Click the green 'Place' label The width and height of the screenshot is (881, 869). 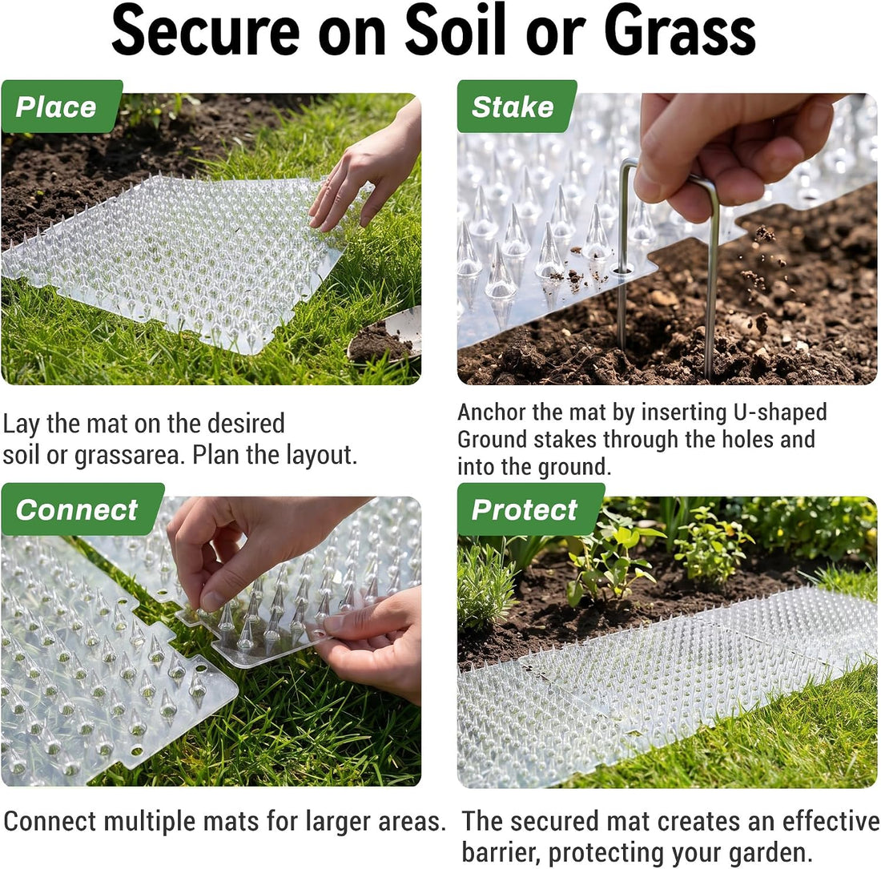[62, 107]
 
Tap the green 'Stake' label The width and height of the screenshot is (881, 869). [517, 107]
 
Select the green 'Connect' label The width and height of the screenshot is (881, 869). [82, 509]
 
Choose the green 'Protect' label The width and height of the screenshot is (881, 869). [530, 509]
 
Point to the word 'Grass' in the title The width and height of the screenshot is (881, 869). [680, 31]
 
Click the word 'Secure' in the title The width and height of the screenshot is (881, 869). [206, 31]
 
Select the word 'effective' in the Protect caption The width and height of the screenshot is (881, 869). [831, 821]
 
